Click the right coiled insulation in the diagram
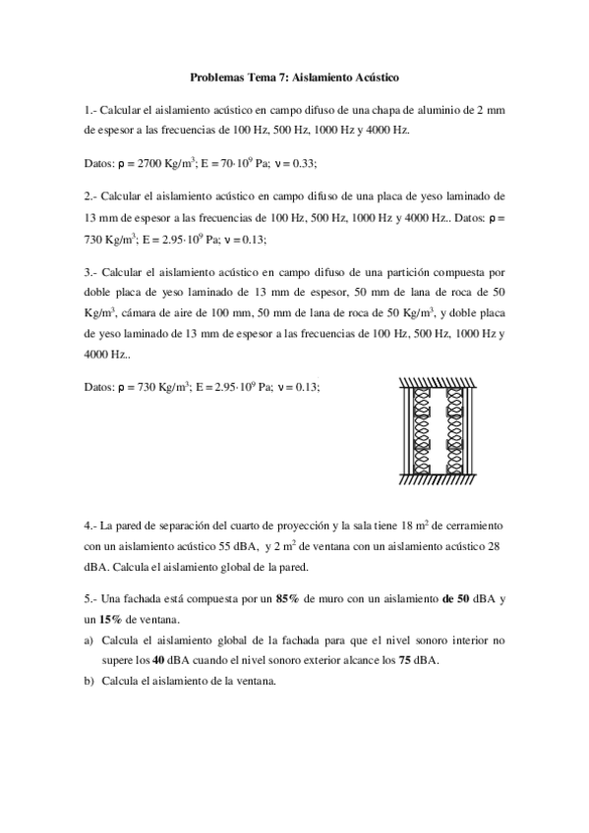455,427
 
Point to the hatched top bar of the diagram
439,381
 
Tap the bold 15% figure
111,619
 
